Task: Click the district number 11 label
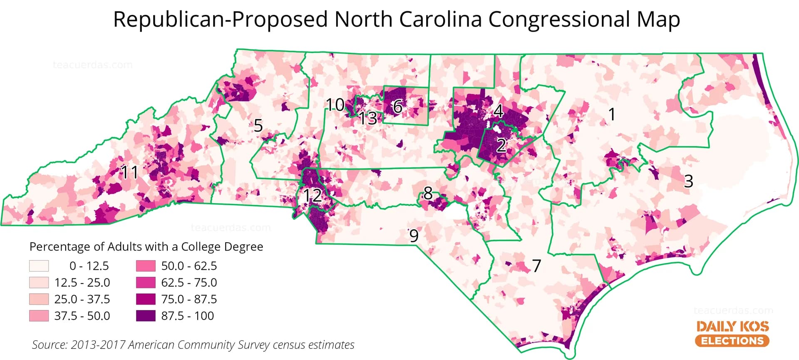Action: coord(129,172)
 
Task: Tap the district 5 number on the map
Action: coord(258,125)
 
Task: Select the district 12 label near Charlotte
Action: coord(312,195)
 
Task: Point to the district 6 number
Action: coord(397,107)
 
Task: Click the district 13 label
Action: coord(368,119)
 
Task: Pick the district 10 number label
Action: coord(335,105)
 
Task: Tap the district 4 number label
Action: coord(498,111)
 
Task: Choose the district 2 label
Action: coord(501,145)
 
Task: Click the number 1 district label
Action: coord(611,114)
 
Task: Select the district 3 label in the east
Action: coord(688,181)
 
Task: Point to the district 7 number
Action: coord(536,266)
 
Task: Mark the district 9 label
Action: coord(414,236)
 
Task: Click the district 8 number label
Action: coord(428,193)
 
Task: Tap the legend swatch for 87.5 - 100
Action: coord(146,316)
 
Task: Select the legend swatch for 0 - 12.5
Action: coord(39,266)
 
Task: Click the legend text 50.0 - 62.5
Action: coord(189,266)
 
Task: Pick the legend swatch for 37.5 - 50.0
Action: coord(39,316)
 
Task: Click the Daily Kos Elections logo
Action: coord(732,333)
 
